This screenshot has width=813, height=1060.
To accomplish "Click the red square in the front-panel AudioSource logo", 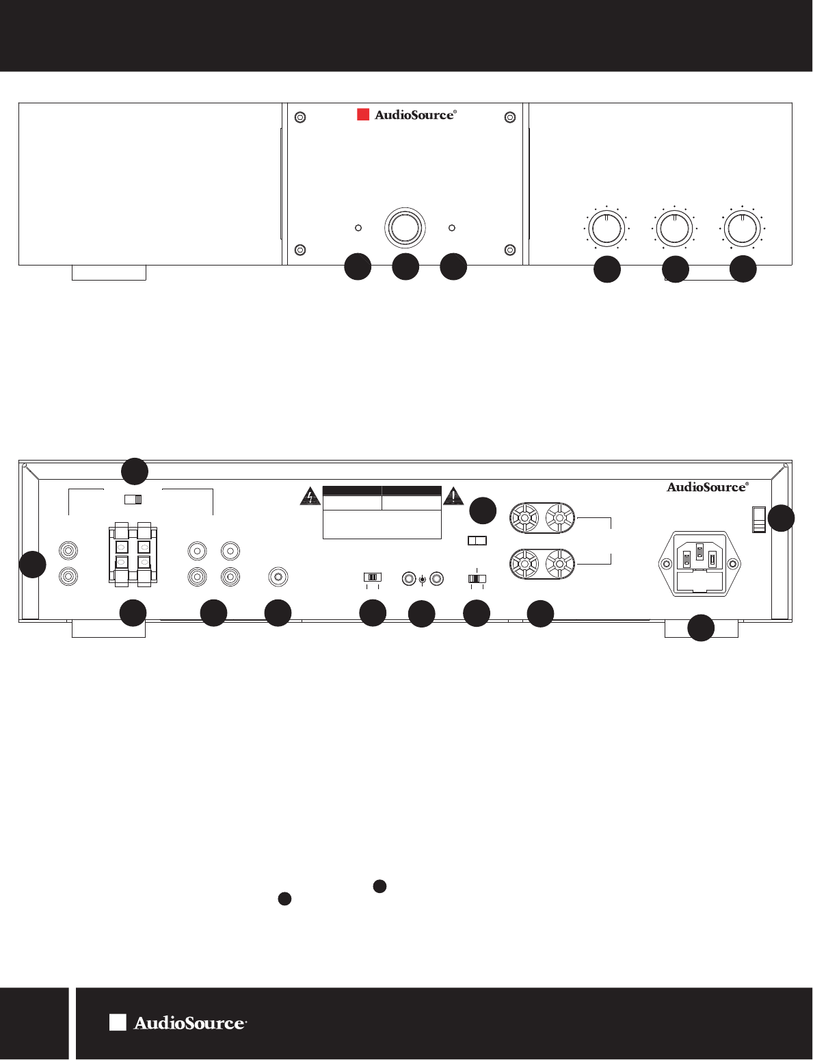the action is pyautogui.click(x=363, y=115).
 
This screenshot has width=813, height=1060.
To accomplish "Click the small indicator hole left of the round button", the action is pyautogui.click(x=358, y=227).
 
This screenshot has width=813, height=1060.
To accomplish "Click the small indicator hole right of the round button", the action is pyautogui.click(x=451, y=227).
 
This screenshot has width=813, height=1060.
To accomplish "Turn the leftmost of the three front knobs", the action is pyautogui.click(x=607, y=228).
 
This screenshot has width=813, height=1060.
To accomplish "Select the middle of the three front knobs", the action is pyautogui.click(x=674, y=228).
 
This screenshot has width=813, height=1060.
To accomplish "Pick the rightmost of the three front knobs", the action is pyautogui.click(x=742, y=228).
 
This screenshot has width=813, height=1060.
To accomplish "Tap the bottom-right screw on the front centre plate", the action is pyautogui.click(x=509, y=249).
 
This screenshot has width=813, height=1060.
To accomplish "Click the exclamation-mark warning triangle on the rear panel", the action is pyautogui.click(x=453, y=496).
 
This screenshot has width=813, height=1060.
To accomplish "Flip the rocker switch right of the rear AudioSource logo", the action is pyautogui.click(x=758, y=519).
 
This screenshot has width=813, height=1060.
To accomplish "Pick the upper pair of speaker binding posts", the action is pyautogui.click(x=542, y=519).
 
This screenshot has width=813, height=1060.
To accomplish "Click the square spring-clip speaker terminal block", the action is pyautogui.click(x=133, y=555).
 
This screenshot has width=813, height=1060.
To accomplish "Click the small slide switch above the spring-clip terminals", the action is pyautogui.click(x=133, y=500).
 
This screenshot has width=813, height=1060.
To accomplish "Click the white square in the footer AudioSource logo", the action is pyautogui.click(x=118, y=1022).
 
